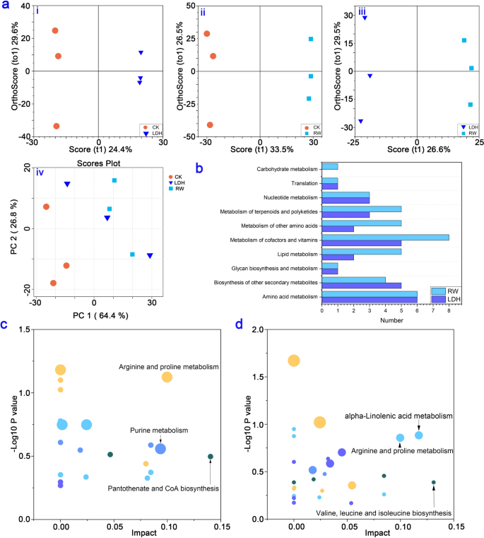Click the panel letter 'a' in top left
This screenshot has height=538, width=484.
(x=6, y=6)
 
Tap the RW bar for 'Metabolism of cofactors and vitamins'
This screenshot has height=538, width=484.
(x=386, y=238)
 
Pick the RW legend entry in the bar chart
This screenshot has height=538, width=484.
(x=451, y=291)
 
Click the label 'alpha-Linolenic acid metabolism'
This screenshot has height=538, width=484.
(x=399, y=416)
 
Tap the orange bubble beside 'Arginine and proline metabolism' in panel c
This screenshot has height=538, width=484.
(x=167, y=377)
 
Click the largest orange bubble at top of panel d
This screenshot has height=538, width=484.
(x=294, y=361)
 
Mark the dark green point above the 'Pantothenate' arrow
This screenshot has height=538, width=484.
(x=211, y=457)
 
